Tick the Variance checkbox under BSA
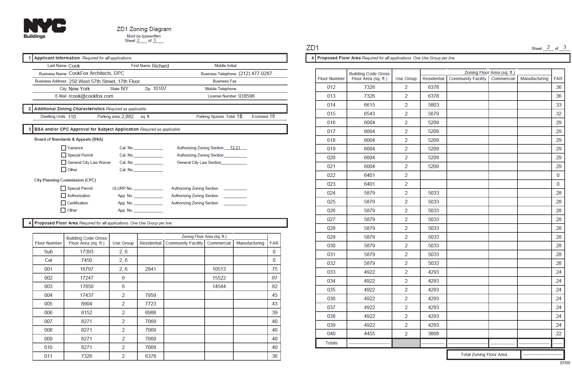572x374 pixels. coord(64,148)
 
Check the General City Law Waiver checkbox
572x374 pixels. coord(64,162)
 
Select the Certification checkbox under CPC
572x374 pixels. coord(63,203)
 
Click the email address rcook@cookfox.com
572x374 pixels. coord(91,96)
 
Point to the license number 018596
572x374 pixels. coord(246,96)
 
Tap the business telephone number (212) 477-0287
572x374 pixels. coord(255,73)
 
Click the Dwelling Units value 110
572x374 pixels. coord(72,117)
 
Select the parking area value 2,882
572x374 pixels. coord(127,117)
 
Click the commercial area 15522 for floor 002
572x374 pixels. coord(219,278)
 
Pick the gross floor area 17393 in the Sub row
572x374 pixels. coord(87,252)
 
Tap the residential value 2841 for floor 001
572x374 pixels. coord(150,269)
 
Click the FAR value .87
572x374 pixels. coord(274,278)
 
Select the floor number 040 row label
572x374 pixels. coord(331,333)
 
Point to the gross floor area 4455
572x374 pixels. coord(369,333)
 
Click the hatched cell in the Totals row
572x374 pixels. coord(406,343)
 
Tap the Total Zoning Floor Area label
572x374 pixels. coord(484,355)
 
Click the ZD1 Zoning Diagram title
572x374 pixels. coord(144,29)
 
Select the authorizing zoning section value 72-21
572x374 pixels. coord(235,148)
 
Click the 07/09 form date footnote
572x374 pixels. coord(565,363)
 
